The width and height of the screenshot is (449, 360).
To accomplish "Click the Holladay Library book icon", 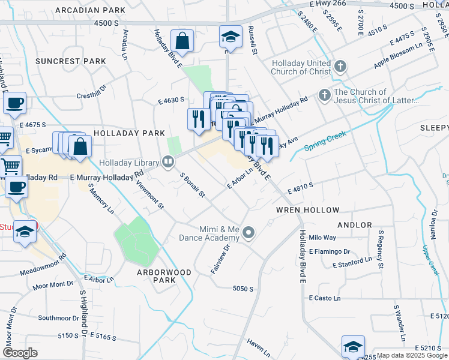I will [168, 162].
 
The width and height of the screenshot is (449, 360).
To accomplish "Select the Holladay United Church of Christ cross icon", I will [340, 66].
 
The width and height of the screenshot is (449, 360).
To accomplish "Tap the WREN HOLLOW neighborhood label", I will [308, 210].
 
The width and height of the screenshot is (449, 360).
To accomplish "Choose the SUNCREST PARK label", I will [70, 61].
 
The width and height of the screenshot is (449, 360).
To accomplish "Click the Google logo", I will [20, 352].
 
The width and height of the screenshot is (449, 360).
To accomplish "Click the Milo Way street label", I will [322, 238].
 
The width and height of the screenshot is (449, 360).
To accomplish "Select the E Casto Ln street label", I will [325, 298].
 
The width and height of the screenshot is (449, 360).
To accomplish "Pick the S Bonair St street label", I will [193, 185].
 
